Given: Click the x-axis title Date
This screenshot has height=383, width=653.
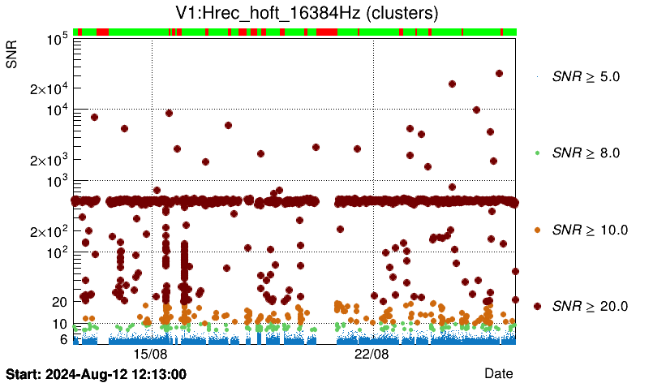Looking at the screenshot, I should [x=498, y=372].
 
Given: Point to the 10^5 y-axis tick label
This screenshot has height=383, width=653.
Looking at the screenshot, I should [x=55, y=39].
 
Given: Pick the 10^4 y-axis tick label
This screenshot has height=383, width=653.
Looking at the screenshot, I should [x=55, y=110].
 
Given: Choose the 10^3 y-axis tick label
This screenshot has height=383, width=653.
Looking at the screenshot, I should [x=55, y=181].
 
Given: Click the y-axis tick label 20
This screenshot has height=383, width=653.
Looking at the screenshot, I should [x=58, y=302].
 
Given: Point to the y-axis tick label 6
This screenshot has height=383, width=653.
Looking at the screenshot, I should [x=62, y=339].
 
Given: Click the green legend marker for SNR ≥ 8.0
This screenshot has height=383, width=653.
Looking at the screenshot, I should [x=537, y=153].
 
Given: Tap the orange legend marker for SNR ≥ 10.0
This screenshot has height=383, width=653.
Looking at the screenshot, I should [x=537, y=230].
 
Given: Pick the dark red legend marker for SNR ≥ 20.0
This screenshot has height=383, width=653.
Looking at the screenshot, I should [x=537, y=306].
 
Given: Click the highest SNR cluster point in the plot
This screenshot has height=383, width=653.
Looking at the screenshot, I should [x=499, y=73].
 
